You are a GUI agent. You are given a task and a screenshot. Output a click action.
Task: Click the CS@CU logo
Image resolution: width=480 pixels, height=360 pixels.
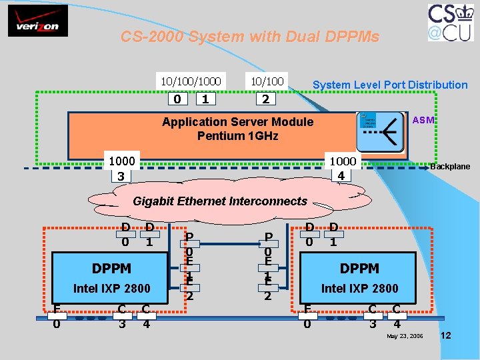[x=451, y=23]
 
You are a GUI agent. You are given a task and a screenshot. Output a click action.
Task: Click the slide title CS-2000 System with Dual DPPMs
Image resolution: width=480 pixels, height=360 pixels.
[x=249, y=37]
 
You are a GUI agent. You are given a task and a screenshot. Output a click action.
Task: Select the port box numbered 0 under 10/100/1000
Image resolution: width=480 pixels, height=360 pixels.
[x=177, y=99]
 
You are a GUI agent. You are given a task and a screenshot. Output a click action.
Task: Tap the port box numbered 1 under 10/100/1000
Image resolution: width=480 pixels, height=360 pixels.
[x=207, y=99]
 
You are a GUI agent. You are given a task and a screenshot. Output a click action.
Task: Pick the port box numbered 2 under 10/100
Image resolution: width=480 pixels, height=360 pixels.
[x=265, y=99]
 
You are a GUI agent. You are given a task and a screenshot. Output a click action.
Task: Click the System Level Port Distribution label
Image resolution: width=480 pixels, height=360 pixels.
[x=390, y=85]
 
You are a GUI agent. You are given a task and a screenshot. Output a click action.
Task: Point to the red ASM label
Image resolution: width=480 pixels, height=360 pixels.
[x=423, y=120]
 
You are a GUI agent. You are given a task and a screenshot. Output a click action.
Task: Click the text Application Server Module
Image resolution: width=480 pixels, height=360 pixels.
[x=237, y=122]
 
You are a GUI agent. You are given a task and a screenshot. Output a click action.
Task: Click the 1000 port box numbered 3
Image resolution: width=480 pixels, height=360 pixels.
[x=121, y=169]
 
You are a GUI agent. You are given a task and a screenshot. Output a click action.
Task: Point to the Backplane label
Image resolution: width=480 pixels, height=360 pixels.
[x=450, y=167]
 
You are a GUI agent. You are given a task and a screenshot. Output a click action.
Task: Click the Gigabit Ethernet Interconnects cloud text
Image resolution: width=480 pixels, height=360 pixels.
[x=220, y=201]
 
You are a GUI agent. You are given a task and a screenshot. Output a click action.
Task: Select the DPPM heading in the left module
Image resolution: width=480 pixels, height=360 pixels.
[x=111, y=268]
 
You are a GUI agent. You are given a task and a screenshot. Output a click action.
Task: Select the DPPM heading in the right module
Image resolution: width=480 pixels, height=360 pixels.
[x=359, y=268]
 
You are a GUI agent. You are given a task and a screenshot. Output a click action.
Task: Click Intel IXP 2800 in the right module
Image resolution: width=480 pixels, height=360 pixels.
[x=359, y=289]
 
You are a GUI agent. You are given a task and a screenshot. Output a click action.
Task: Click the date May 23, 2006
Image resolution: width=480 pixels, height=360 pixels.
[x=405, y=335]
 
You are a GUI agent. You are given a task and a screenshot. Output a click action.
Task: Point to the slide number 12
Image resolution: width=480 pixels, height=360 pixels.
[x=446, y=335]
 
